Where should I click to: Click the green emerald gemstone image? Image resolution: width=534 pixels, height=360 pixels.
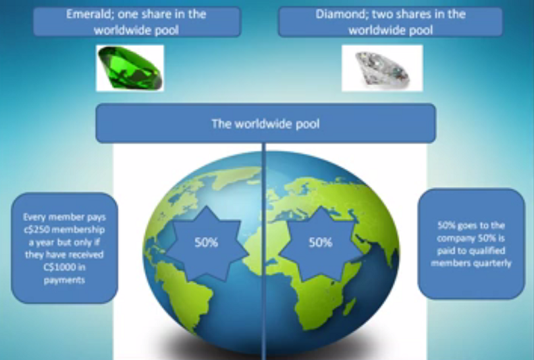130,68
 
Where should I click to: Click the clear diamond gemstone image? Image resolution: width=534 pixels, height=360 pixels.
382,68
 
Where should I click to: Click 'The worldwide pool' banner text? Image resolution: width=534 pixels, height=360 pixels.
266,124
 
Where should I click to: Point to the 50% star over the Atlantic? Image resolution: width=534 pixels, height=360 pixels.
206,243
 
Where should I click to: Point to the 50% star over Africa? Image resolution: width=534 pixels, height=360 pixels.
320,243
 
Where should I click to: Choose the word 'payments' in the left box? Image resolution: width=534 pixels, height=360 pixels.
64,280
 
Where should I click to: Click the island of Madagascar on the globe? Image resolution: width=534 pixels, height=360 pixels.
349,306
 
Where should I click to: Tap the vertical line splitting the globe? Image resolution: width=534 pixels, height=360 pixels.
264,251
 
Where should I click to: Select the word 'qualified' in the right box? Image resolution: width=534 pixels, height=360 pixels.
487,251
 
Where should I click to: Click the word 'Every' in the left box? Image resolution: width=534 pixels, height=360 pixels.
33,217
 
